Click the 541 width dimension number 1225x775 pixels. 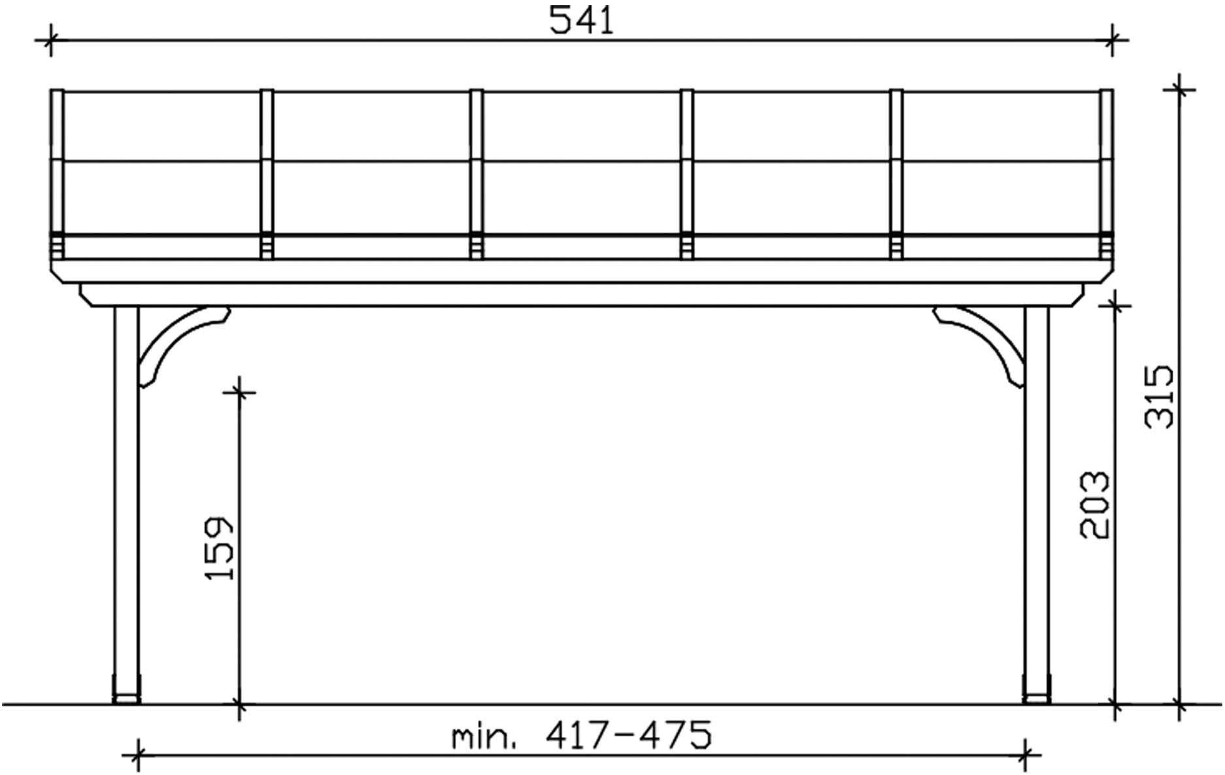coord(581,20)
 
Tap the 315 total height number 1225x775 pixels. coord(1160,397)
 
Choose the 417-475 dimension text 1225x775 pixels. coord(628,734)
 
